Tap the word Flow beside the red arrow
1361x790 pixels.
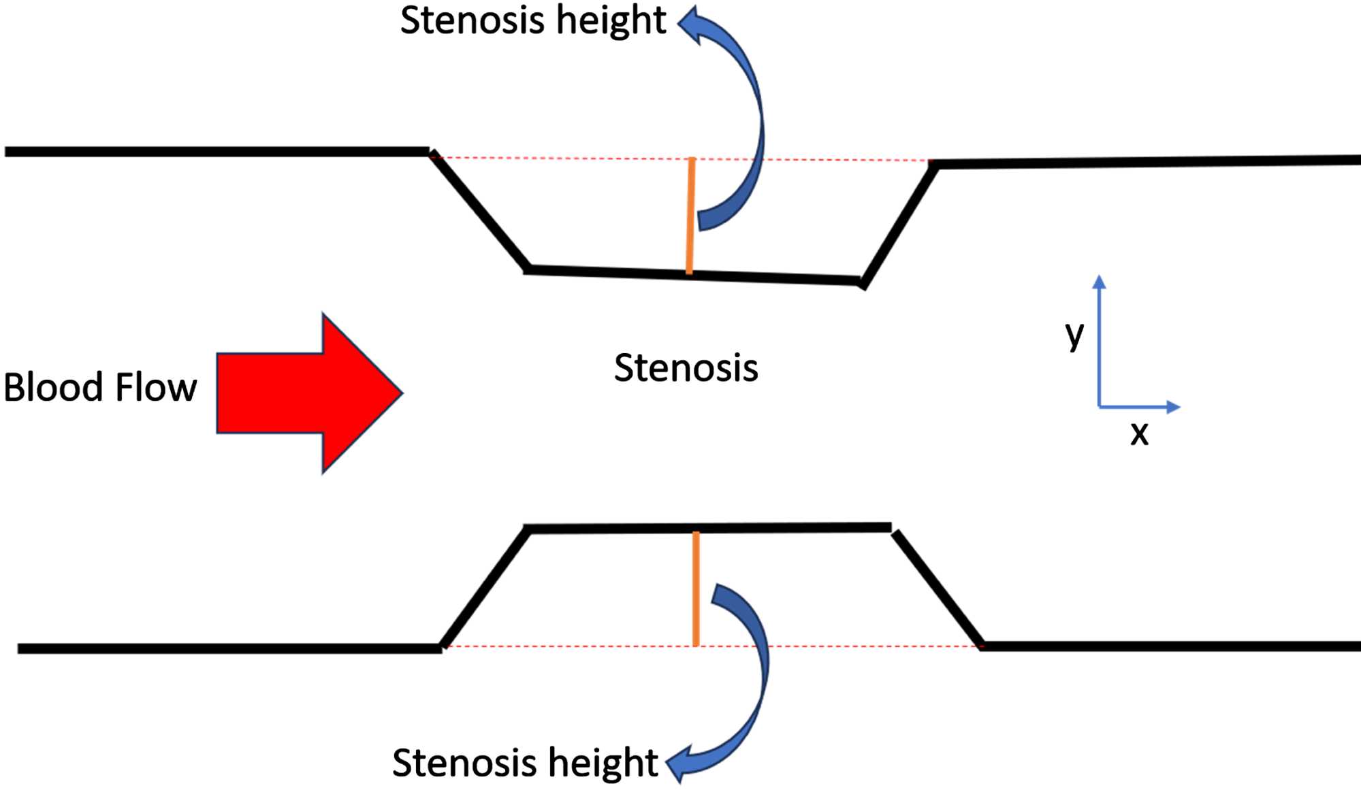coord(156,387)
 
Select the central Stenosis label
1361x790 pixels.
coord(686,368)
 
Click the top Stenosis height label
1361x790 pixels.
coord(532,20)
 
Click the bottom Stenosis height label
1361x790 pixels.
coord(524,762)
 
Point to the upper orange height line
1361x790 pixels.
coord(690,216)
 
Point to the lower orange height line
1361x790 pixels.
coord(696,589)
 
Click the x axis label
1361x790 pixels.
coord(1139,433)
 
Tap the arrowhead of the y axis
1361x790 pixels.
coord(1099,281)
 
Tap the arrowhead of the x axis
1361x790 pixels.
coord(1173,407)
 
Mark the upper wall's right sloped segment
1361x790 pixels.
coord(899,225)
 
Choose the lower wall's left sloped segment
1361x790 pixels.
coord(485,588)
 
